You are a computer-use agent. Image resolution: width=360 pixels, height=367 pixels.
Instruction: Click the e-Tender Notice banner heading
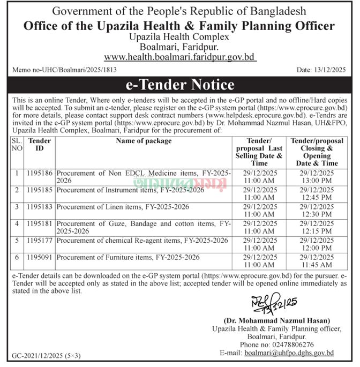[180, 85]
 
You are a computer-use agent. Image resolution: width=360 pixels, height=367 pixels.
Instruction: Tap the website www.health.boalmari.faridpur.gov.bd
[180, 56]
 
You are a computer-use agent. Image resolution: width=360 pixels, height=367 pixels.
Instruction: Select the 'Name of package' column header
[144, 141]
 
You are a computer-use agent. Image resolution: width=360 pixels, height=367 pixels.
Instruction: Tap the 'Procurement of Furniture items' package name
[128, 258]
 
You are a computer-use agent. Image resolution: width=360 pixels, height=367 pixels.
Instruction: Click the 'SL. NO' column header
[17, 144]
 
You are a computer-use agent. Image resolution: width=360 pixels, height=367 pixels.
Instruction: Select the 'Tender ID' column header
[40, 144]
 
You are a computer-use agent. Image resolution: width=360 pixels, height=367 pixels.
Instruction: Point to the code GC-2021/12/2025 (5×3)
[47, 356]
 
